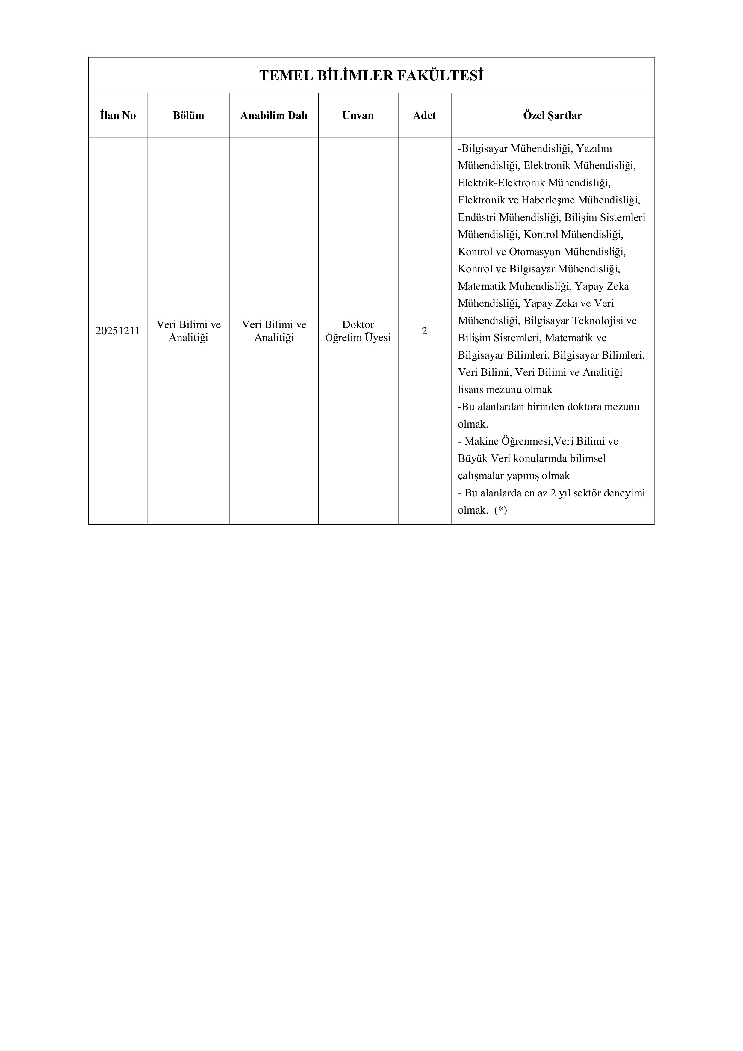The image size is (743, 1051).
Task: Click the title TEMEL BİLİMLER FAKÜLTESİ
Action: [x=371, y=75]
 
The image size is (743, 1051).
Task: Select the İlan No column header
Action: [x=118, y=115]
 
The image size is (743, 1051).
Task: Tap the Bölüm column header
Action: [x=188, y=115]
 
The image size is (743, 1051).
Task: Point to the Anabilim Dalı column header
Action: [x=274, y=115]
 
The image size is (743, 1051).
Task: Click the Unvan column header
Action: [x=358, y=115]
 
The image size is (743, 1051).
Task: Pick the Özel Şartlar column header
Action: [x=552, y=115]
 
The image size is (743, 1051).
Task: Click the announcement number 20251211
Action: [x=118, y=331]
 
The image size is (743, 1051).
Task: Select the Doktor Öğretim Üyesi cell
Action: [x=358, y=331]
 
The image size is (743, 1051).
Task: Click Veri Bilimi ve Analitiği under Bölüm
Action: [x=188, y=331]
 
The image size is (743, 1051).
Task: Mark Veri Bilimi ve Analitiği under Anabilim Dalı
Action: [x=274, y=331]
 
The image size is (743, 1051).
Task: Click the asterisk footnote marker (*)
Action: [x=500, y=510]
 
